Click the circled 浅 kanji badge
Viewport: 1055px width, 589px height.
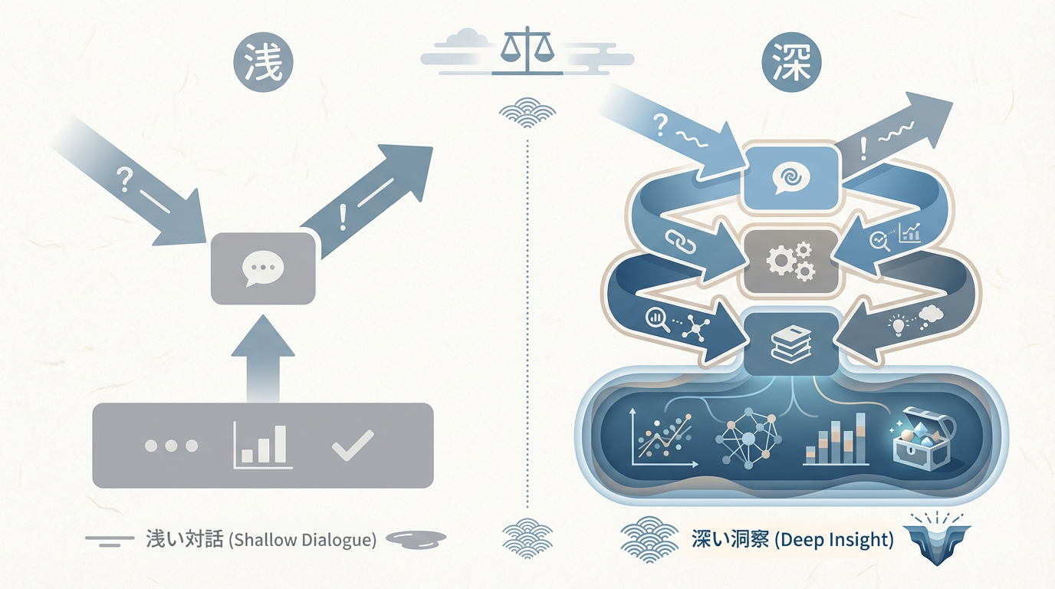point(263,62)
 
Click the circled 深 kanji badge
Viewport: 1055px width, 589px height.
point(791,62)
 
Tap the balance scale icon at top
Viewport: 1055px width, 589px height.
point(527,50)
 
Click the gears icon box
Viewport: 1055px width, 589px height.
point(790,262)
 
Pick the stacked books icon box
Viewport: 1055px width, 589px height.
point(790,344)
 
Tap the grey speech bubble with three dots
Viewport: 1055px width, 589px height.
point(263,268)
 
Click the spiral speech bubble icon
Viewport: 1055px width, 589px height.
point(790,178)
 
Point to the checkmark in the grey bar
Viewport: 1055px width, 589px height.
point(353,445)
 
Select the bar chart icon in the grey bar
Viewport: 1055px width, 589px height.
point(262,445)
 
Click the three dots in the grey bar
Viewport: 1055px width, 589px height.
point(171,446)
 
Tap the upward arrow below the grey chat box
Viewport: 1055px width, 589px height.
point(263,359)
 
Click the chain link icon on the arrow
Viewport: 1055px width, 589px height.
point(680,242)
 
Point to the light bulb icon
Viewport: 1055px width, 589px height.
point(898,324)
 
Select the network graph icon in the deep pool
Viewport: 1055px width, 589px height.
point(748,438)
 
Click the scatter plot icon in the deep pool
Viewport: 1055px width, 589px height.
point(663,438)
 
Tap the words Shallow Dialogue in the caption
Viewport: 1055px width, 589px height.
point(303,540)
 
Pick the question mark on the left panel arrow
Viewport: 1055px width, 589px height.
point(124,179)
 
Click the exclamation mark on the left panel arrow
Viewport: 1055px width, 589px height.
point(343,217)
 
